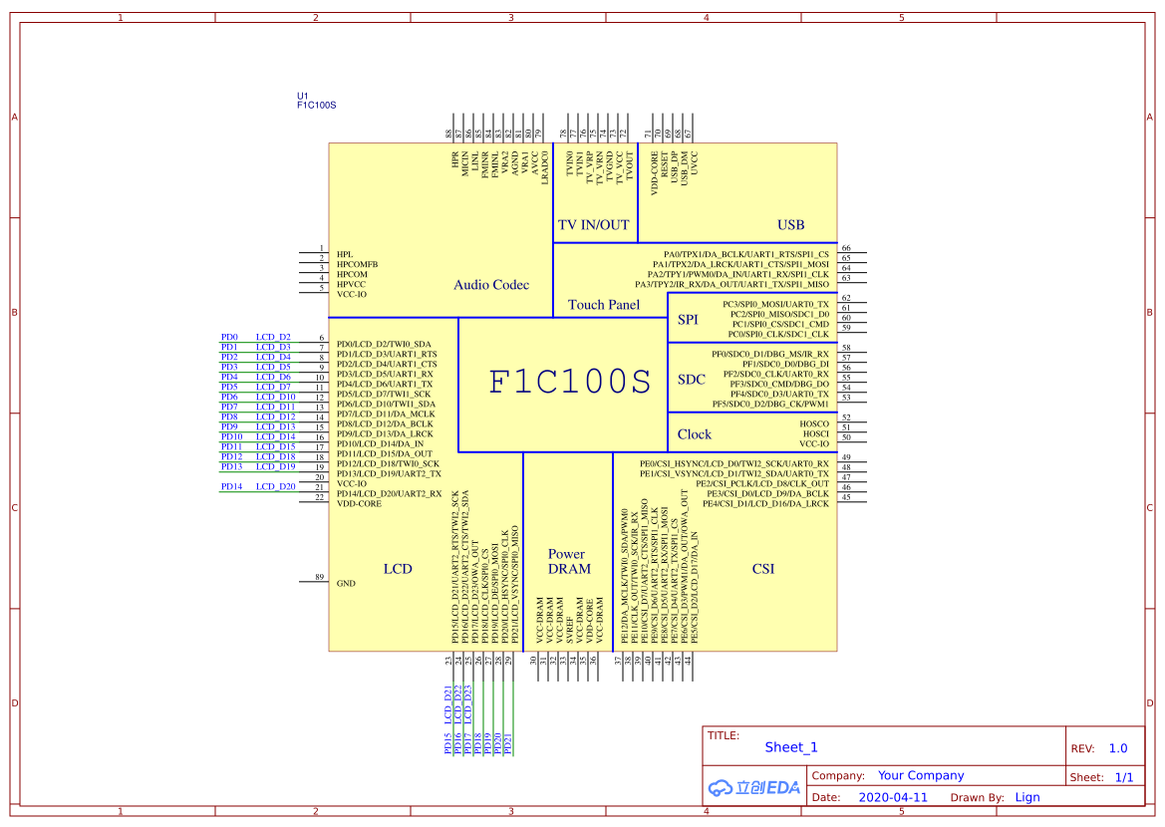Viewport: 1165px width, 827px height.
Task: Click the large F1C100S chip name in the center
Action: pyautogui.click(x=569, y=383)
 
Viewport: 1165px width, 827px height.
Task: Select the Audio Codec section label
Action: pyautogui.click(x=491, y=285)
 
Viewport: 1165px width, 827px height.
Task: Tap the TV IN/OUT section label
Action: pyautogui.click(x=593, y=225)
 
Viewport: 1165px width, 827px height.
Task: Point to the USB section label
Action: pyautogui.click(x=790, y=225)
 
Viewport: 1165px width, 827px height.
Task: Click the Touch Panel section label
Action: pyautogui.click(x=604, y=305)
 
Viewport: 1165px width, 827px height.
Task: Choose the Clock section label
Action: pyautogui.click(x=694, y=434)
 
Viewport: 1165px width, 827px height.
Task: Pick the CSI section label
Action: pyautogui.click(x=763, y=569)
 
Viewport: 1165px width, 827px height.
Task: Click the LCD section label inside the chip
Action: pyautogui.click(x=398, y=569)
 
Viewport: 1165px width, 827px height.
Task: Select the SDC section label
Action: pyautogui.click(x=692, y=380)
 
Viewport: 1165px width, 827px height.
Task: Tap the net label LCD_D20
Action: pyautogui.click(x=275, y=486)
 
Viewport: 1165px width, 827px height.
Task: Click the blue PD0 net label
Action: pyautogui.click(x=229, y=338)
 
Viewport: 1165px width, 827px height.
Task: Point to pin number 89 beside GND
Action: pyautogui.click(x=319, y=577)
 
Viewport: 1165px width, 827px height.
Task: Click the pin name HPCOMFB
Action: pyautogui.click(x=357, y=264)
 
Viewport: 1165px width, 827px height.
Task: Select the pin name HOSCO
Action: pyautogui.click(x=814, y=423)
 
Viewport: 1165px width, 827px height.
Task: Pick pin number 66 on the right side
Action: pyautogui.click(x=846, y=248)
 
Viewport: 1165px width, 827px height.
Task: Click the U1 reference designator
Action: pyautogui.click(x=303, y=96)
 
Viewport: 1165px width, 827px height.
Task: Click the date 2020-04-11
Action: pyautogui.click(x=892, y=797)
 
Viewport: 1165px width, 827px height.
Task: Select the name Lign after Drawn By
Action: pyautogui.click(x=1027, y=797)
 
